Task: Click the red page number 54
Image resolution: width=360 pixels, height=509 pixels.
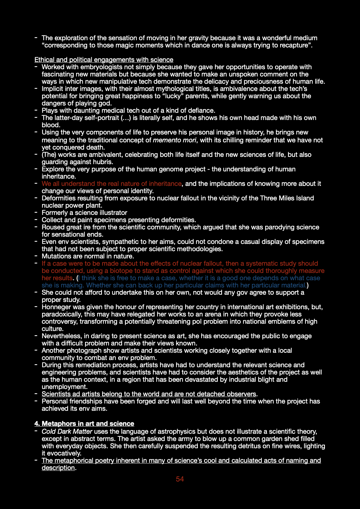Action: [x=180, y=479]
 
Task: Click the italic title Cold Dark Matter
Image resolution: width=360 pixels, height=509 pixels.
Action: [x=67, y=432]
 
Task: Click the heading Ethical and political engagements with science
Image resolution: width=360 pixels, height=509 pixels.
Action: [x=104, y=60]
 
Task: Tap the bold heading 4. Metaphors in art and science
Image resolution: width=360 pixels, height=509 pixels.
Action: [x=84, y=424]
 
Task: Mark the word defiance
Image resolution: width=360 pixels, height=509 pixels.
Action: [x=201, y=111]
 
